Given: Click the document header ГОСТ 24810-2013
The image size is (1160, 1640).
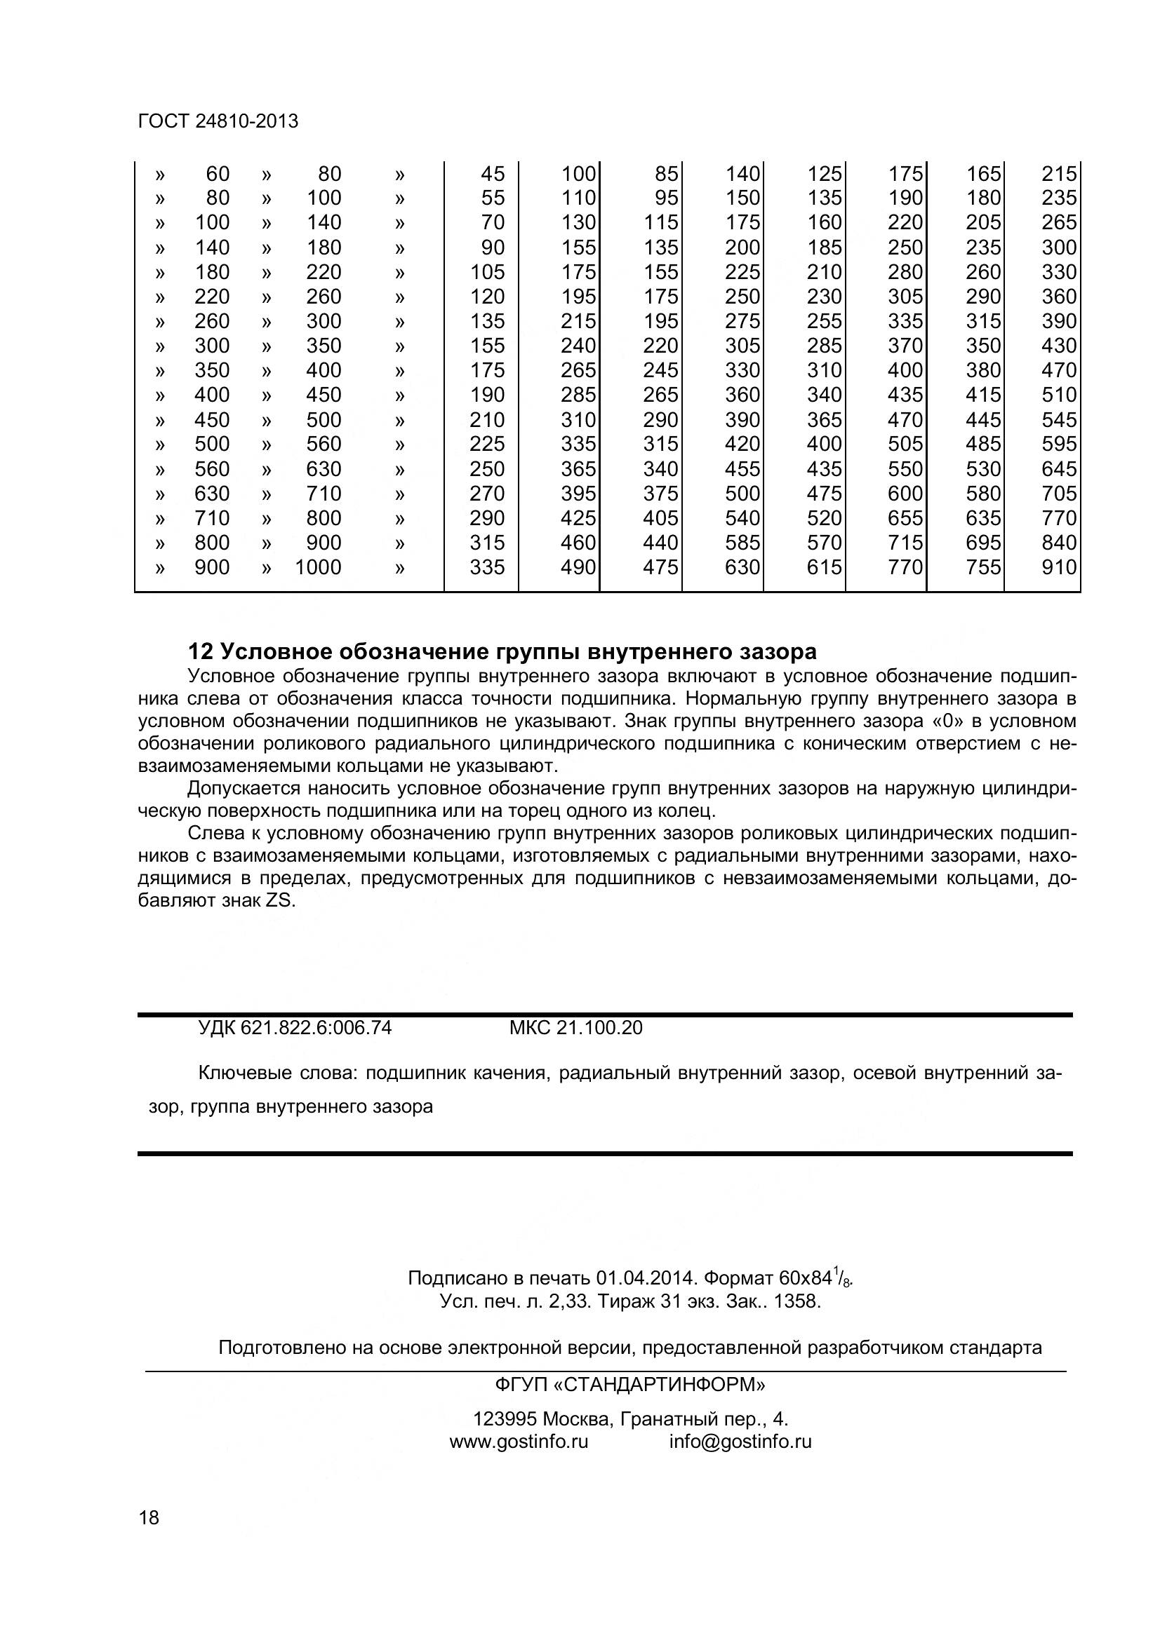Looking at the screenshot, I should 218,121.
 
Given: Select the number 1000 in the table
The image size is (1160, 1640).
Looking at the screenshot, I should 318,567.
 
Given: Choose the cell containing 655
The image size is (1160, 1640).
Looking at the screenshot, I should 905,518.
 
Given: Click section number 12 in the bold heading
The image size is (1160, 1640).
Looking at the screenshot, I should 200,651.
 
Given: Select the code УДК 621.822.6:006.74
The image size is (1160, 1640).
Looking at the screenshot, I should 295,1028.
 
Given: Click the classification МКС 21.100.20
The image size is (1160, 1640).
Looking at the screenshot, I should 575,1028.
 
